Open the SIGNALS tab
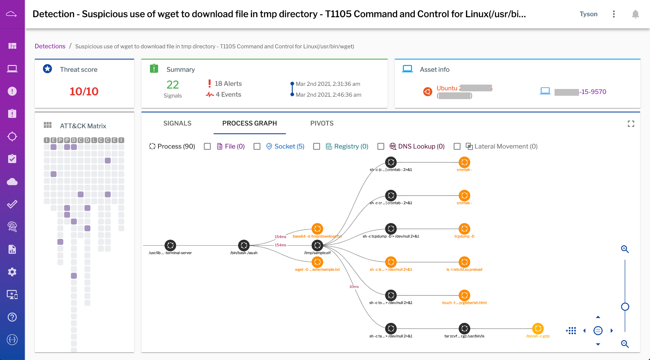(x=177, y=123)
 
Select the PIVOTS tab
(x=322, y=123)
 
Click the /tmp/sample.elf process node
(x=317, y=245)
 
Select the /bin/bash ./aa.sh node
(x=244, y=245)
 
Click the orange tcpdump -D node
(x=464, y=229)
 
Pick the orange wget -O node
(x=317, y=262)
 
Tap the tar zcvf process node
(x=464, y=328)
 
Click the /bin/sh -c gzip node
(x=538, y=328)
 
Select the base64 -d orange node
(x=317, y=229)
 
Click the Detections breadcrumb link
(x=50, y=46)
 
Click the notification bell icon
(x=635, y=14)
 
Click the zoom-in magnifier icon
(x=625, y=249)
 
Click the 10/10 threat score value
(x=84, y=91)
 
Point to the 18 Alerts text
(x=228, y=84)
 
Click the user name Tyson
(x=588, y=14)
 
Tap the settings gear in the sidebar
(x=12, y=272)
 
